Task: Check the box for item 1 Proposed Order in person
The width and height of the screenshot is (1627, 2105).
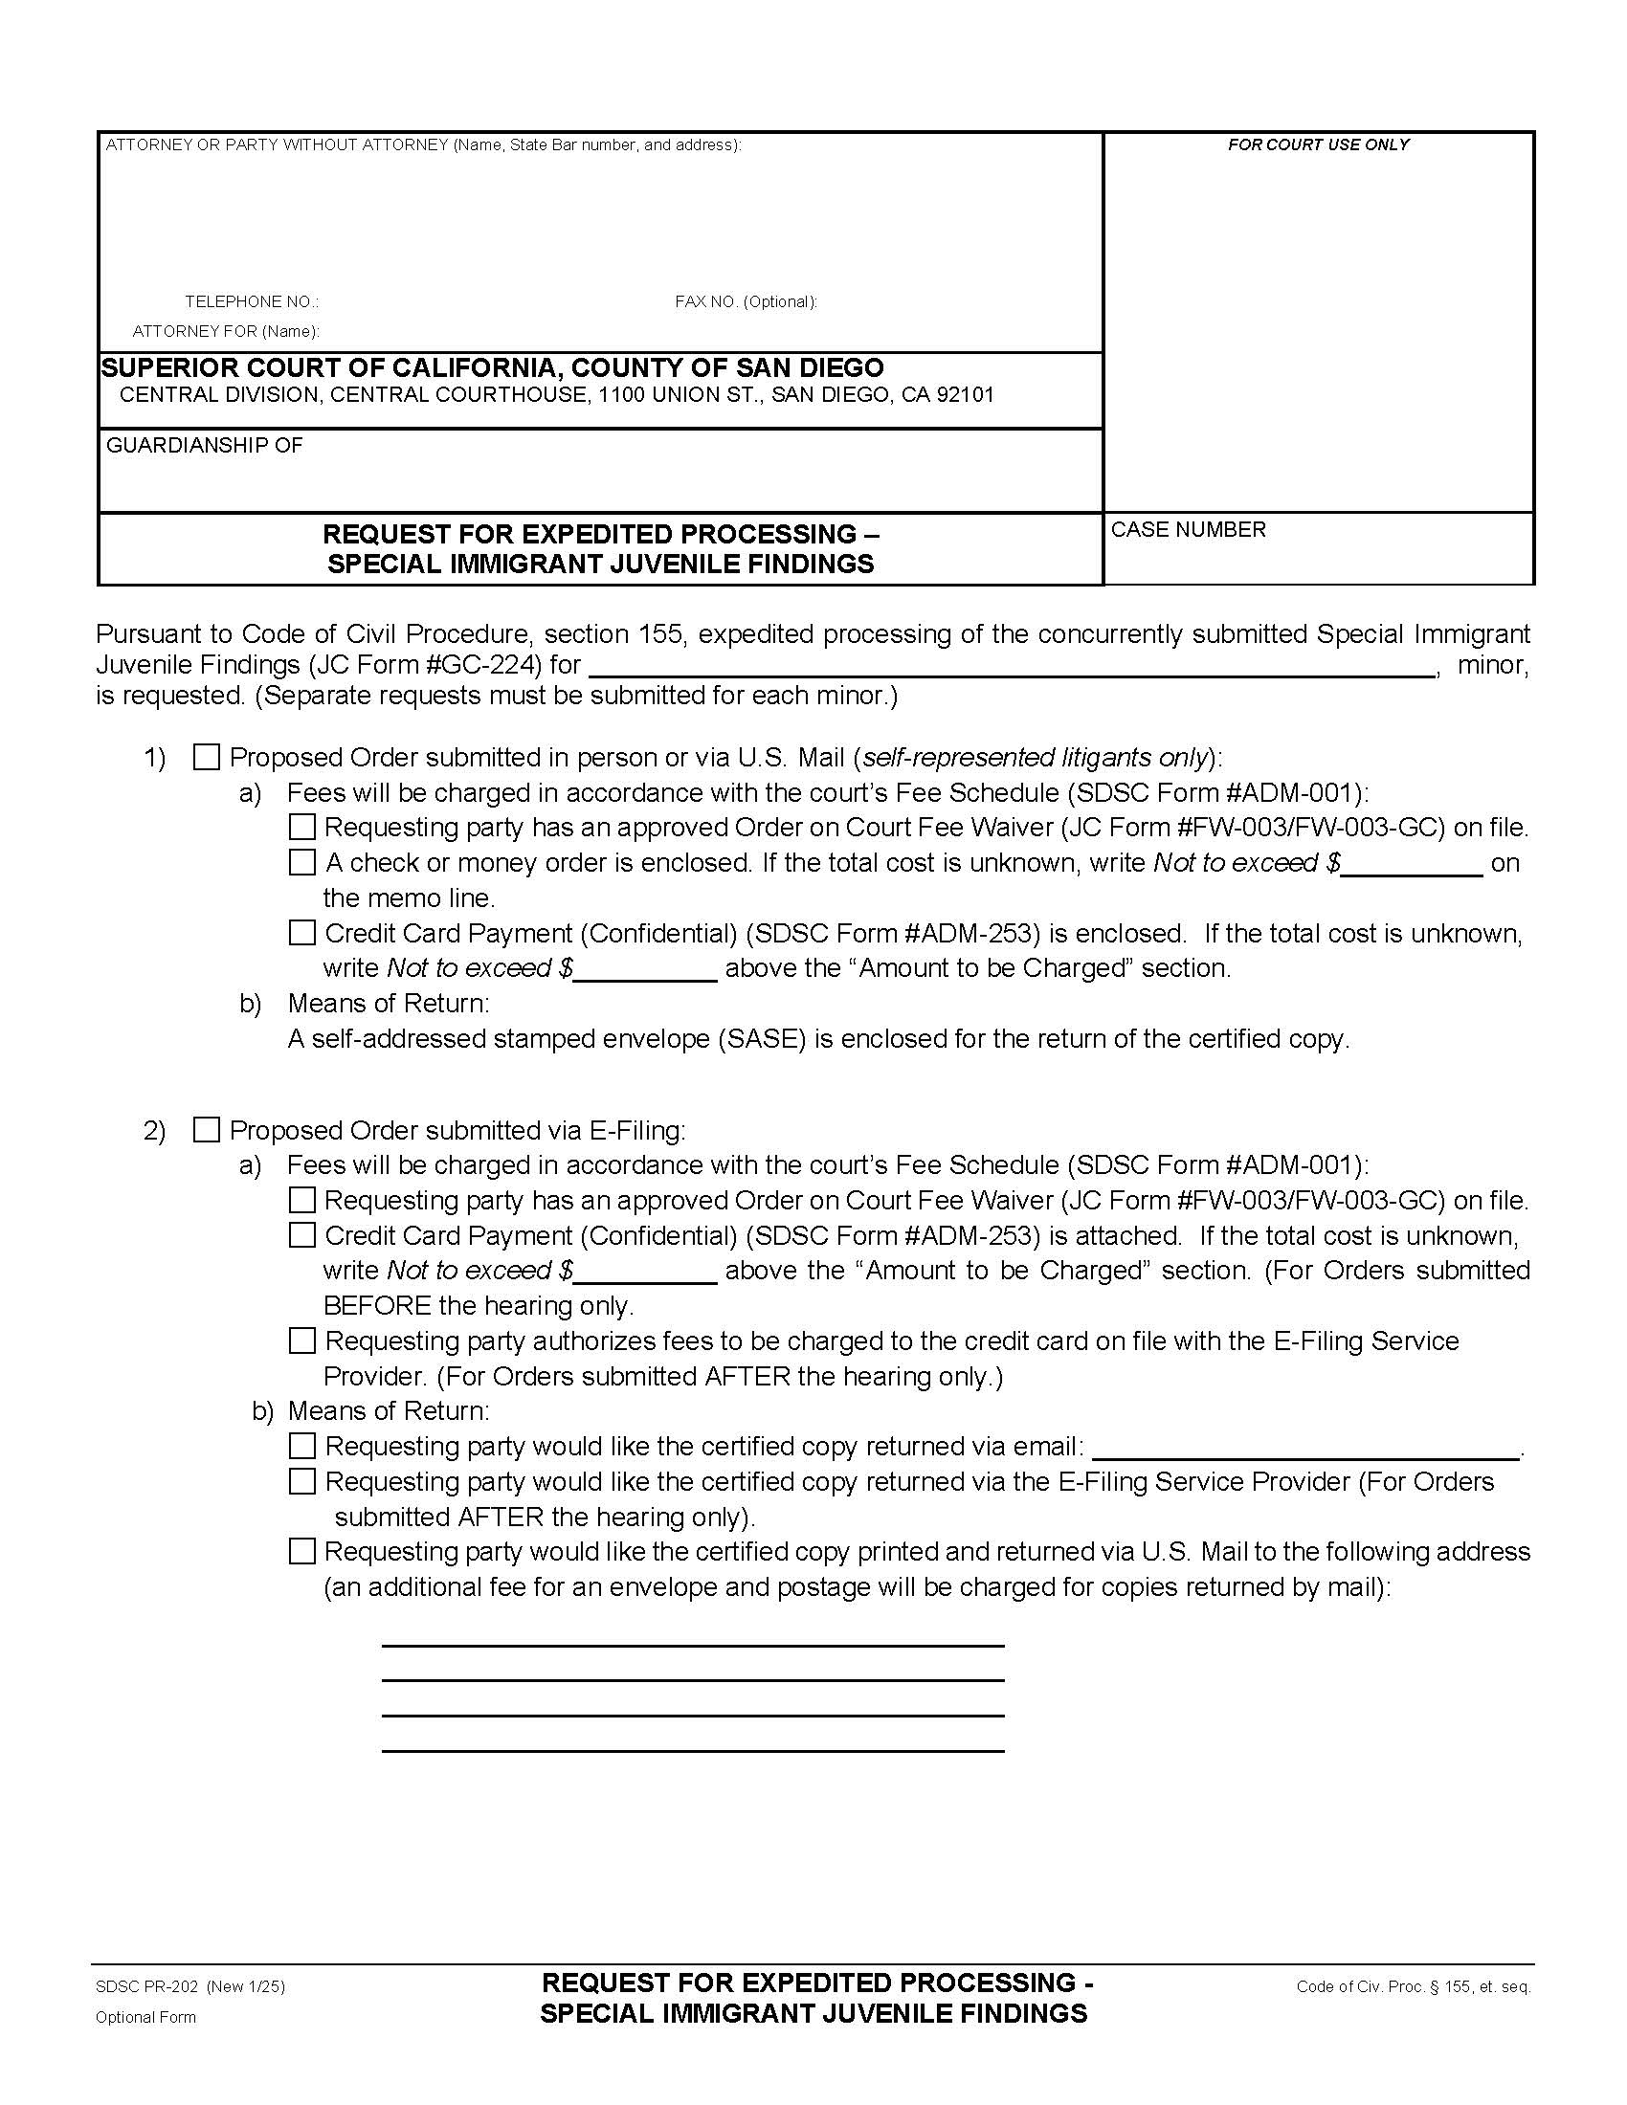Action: tap(207, 758)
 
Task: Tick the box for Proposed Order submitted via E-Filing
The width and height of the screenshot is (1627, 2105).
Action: tap(207, 1130)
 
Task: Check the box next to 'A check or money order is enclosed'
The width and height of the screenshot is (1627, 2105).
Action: tap(302, 862)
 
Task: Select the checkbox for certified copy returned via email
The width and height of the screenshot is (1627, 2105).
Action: tap(302, 1446)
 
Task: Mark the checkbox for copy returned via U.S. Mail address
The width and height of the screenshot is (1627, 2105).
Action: tap(302, 1551)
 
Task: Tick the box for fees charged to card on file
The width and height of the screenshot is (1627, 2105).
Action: tap(302, 1341)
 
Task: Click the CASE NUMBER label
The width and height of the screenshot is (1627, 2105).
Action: tap(1188, 530)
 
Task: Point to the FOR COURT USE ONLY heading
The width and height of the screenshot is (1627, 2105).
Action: tap(1318, 144)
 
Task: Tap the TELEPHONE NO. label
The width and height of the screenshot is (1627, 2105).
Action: tap(252, 301)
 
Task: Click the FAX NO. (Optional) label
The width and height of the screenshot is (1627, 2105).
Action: tap(745, 301)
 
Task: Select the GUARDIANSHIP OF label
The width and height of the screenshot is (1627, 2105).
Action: tap(205, 445)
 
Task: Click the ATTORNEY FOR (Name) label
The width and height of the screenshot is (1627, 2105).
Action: tap(226, 332)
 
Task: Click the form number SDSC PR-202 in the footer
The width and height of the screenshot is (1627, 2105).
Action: tap(146, 1985)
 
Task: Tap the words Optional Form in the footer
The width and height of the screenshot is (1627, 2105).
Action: tap(145, 2017)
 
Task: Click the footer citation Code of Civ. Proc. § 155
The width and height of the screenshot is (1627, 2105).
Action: tap(1412, 1986)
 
